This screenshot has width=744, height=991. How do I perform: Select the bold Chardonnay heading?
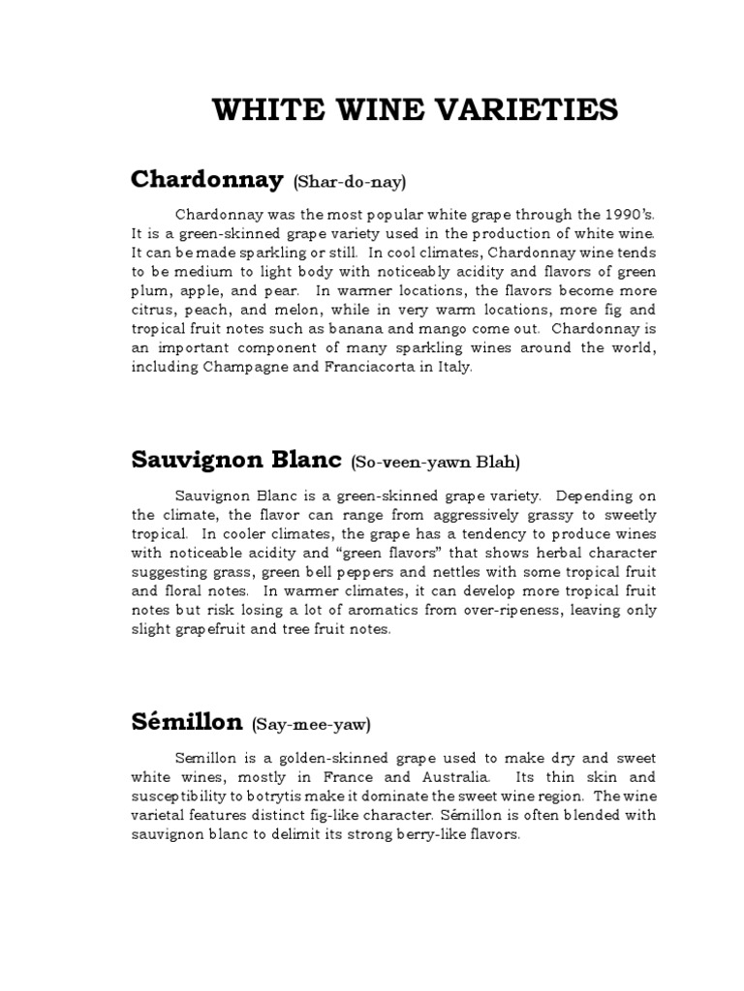tap(206, 179)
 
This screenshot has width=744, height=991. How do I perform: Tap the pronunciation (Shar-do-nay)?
tap(345, 182)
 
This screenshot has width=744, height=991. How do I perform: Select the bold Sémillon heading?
tap(187, 721)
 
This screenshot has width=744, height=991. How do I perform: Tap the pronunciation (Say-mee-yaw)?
tap(312, 724)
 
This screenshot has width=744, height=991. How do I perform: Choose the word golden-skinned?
tap(297, 757)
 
